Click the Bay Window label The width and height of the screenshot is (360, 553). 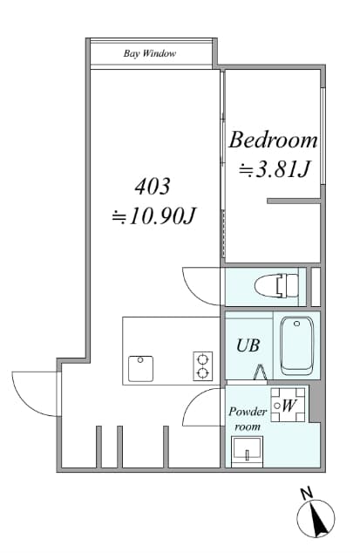coord(150,53)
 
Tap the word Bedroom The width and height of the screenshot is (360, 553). coord(273,140)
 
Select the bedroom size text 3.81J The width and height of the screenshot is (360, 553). coord(275,169)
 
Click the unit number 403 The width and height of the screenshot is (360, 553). coord(153,186)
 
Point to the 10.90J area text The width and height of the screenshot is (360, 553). coord(153,215)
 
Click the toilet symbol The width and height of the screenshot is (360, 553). coord(276,286)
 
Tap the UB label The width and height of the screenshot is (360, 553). coord(248,345)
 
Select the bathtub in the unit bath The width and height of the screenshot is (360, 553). coord(297,346)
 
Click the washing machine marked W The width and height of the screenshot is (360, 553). coord(288,405)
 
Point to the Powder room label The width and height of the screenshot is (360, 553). coord(248,419)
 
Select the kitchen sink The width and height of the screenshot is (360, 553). coord(140,369)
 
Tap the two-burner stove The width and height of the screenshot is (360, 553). coord(203,366)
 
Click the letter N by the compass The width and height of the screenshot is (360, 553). coord(307,494)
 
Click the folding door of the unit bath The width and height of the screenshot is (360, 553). coord(261,372)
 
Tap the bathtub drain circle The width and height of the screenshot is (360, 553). coord(297,324)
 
